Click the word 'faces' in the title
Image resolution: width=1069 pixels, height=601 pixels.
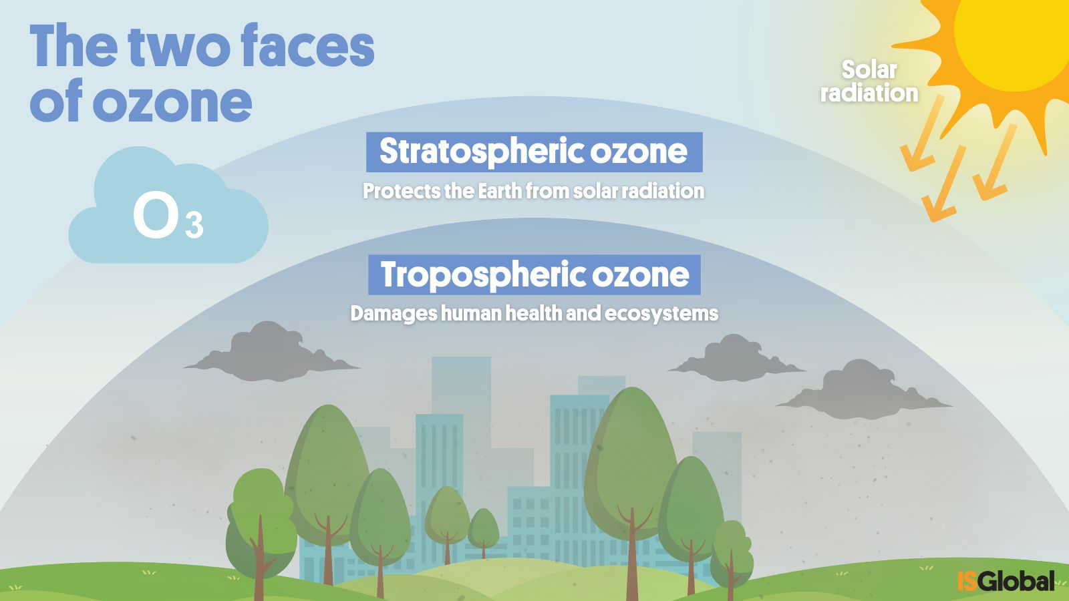(308, 46)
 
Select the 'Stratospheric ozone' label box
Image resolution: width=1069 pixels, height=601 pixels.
(534, 152)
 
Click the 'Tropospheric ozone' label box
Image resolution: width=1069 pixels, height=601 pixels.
(534, 274)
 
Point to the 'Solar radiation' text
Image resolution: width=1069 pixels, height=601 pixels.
(869, 81)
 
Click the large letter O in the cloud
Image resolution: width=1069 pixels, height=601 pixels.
(154, 215)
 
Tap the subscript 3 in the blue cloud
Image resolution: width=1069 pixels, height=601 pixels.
(194, 225)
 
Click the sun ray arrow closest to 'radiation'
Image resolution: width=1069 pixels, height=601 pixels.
(920, 134)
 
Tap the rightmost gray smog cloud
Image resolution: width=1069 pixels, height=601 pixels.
(864, 391)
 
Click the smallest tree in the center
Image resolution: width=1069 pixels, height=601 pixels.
(484, 532)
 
